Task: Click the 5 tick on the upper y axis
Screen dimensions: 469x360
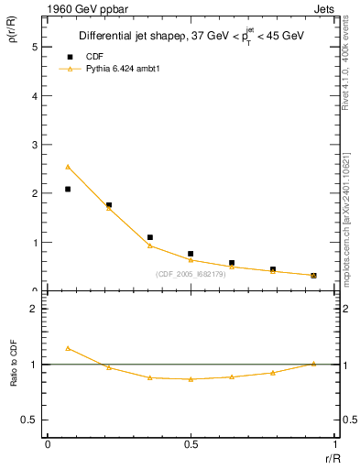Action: coord(35,46)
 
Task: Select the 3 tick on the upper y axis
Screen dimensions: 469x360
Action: coord(35,145)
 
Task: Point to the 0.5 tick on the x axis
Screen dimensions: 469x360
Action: coord(191,445)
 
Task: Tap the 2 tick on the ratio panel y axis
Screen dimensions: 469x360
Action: coord(35,310)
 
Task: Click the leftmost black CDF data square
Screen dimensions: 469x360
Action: coord(68,189)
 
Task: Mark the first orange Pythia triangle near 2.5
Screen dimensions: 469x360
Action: coord(68,167)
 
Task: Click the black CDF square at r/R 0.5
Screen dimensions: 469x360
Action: coord(191,254)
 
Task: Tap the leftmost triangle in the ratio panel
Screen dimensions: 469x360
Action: coord(68,348)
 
